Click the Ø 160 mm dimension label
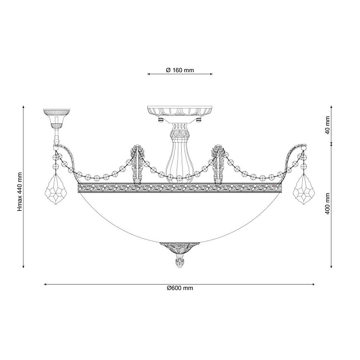(180, 70)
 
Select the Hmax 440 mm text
(20, 191)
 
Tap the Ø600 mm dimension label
(180, 288)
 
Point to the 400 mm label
(327, 203)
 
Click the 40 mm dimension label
(327, 125)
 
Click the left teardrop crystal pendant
(57, 189)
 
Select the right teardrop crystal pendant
(304, 189)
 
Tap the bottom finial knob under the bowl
(179, 260)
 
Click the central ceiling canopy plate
(180, 112)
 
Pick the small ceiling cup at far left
(57, 118)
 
